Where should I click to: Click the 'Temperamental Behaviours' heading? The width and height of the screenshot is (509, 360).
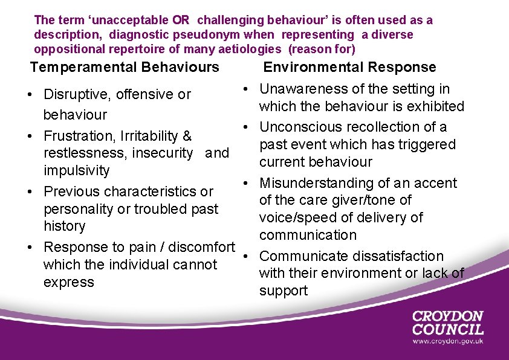pos(125,67)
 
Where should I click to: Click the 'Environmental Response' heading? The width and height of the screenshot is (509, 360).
pos(349,67)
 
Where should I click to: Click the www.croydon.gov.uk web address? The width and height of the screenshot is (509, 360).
pos(448,341)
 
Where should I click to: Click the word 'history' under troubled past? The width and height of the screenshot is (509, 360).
pos(65,226)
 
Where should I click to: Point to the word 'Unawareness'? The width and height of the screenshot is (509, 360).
pos(303,89)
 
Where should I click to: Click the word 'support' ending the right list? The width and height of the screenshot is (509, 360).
pos(284,291)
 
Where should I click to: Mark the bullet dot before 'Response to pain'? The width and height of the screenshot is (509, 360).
pos(30,248)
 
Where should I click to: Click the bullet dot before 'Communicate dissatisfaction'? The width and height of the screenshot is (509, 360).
pos(248,257)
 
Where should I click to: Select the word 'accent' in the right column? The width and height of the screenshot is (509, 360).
pos(436,183)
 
